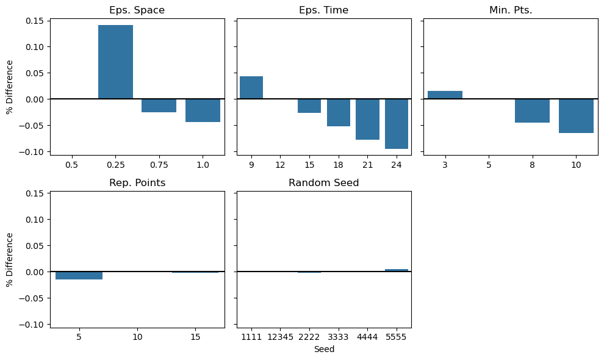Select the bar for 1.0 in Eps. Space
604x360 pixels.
coord(203,110)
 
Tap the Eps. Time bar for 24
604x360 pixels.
coord(397,124)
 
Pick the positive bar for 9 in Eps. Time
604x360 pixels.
coord(251,88)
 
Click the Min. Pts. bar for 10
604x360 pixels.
coord(576,116)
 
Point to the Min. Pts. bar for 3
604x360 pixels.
coord(445,95)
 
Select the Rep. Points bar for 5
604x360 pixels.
coord(79,275)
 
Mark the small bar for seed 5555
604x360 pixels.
coord(397,270)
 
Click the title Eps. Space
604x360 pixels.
coord(137,10)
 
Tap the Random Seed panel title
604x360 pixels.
coord(323,183)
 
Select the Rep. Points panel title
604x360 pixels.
coord(137,183)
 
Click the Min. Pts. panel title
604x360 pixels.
coord(511,10)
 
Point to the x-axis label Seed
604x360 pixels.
coord(324,350)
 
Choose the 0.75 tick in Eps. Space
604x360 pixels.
coord(159,165)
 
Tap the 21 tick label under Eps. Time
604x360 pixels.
coord(367,165)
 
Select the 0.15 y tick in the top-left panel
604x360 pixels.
coord(34,21)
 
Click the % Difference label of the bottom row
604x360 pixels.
coord(10,259)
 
